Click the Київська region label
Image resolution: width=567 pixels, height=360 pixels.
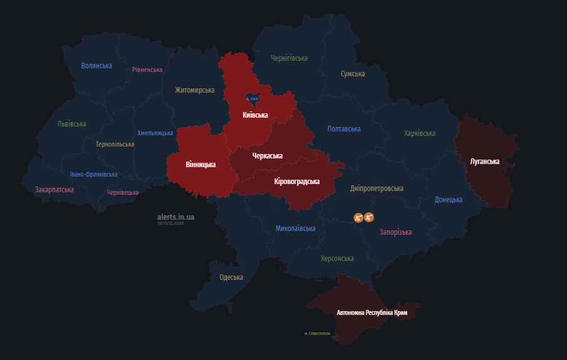click(x=255, y=115)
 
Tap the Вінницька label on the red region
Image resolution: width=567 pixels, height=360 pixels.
click(x=200, y=165)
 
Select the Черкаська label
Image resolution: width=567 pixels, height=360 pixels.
click(x=267, y=156)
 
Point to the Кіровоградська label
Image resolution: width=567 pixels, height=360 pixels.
click(x=297, y=182)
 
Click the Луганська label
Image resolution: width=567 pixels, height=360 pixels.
click(x=484, y=162)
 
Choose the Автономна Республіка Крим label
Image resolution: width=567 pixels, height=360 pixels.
click(x=377, y=312)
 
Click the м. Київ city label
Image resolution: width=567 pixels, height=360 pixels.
click(x=252, y=98)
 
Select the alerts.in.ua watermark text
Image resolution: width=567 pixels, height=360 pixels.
click(x=175, y=217)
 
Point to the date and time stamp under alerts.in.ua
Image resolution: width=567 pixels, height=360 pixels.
click(x=170, y=223)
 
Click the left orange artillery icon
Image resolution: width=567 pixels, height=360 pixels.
click(x=358, y=217)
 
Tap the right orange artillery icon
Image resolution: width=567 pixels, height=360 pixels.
click(x=369, y=217)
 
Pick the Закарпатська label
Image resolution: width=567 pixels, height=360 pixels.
click(x=55, y=190)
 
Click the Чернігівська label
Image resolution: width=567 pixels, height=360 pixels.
click(x=289, y=58)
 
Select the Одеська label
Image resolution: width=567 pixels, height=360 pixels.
click(x=231, y=277)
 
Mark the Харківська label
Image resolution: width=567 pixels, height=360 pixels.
click(x=420, y=133)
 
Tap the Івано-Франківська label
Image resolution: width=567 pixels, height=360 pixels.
click(x=93, y=175)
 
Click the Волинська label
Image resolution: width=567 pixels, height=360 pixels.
click(x=96, y=66)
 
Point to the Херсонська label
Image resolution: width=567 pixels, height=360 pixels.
click(x=337, y=259)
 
